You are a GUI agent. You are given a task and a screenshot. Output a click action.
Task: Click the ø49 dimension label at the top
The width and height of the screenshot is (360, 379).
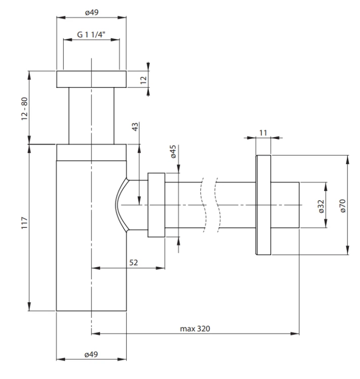(x=92, y=12)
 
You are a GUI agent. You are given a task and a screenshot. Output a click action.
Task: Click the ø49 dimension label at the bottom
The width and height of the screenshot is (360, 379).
(x=91, y=355)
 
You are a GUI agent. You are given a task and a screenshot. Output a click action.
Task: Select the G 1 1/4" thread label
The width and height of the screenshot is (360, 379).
(x=91, y=34)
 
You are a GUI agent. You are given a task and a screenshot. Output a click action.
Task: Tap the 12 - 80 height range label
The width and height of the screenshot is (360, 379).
(x=25, y=109)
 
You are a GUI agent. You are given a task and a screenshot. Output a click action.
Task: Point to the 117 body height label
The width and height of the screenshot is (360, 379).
(x=25, y=223)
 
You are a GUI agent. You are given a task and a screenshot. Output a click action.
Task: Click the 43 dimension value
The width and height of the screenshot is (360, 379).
(x=135, y=127)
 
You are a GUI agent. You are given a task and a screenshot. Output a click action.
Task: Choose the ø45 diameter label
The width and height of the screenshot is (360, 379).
(x=173, y=152)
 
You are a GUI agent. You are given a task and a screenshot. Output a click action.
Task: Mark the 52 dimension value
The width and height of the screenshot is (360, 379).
(x=133, y=262)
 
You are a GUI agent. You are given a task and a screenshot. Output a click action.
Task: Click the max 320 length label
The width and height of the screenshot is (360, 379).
(x=195, y=329)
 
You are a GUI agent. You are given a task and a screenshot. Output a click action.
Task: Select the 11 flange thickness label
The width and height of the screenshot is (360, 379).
(x=263, y=133)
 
